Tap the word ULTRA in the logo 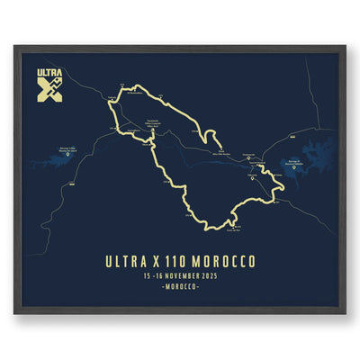click(x=49, y=73)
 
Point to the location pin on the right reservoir click(x=295, y=164)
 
